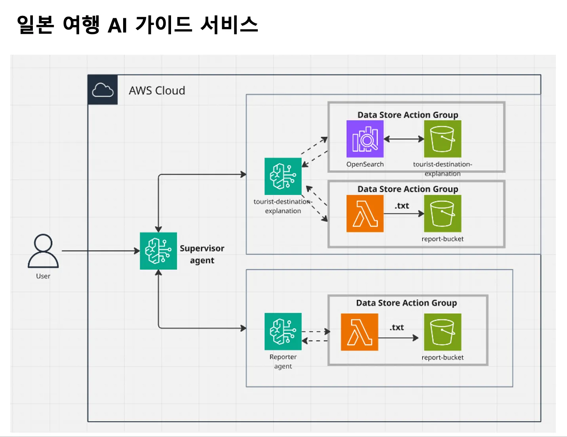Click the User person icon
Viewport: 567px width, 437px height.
pyautogui.click(x=43, y=251)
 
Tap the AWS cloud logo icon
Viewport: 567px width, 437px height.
pyautogui.click(x=103, y=90)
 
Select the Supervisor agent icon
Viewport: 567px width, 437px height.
pyautogui.click(x=158, y=251)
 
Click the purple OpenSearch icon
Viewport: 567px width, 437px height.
pyautogui.click(x=365, y=139)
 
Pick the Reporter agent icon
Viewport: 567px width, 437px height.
pyautogui.click(x=283, y=332)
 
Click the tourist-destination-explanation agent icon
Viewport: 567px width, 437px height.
pyautogui.click(x=283, y=176)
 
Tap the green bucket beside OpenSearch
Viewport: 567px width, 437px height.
pyautogui.click(x=443, y=139)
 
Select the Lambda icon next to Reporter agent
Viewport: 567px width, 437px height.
pyautogui.click(x=360, y=332)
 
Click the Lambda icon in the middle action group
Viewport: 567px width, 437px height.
pyautogui.click(x=365, y=214)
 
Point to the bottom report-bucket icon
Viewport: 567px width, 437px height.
pyautogui.click(x=443, y=332)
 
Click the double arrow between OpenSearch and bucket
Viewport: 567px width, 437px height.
pyautogui.click(x=404, y=139)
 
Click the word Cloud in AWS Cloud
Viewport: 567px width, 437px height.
pyautogui.click(x=170, y=91)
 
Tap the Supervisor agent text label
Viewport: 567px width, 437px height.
pyautogui.click(x=202, y=254)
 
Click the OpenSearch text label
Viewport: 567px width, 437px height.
pyautogui.click(x=365, y=164)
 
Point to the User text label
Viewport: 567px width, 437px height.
pyautogui.click(x=43, y=276)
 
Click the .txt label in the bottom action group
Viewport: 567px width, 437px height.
pyautogui.click(x=397, y=328)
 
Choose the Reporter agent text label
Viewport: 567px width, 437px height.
pyautogui.click(x=283, y=361)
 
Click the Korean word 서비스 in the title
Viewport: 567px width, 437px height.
pyautogui.click(x=229, y=25)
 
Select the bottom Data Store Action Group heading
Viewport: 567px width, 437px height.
pyautogui.click(x=407, y=303)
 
